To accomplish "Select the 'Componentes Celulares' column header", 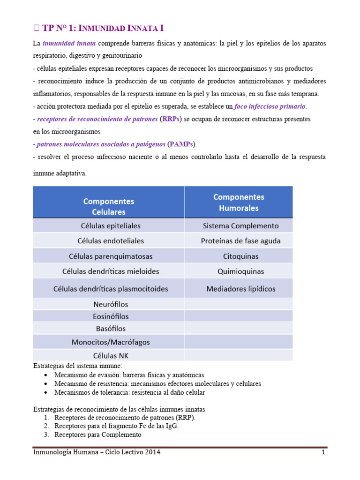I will tap(109, 206).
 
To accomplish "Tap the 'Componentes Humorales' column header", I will tap(239, 202).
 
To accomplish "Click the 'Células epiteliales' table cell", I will tap(109, 226).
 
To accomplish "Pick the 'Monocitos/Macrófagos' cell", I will tap(109, 342).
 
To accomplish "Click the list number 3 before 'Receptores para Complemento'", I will tap(46, 435).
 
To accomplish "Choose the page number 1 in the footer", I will tap(323, 452).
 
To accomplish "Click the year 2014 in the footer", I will tap(152, 452).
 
